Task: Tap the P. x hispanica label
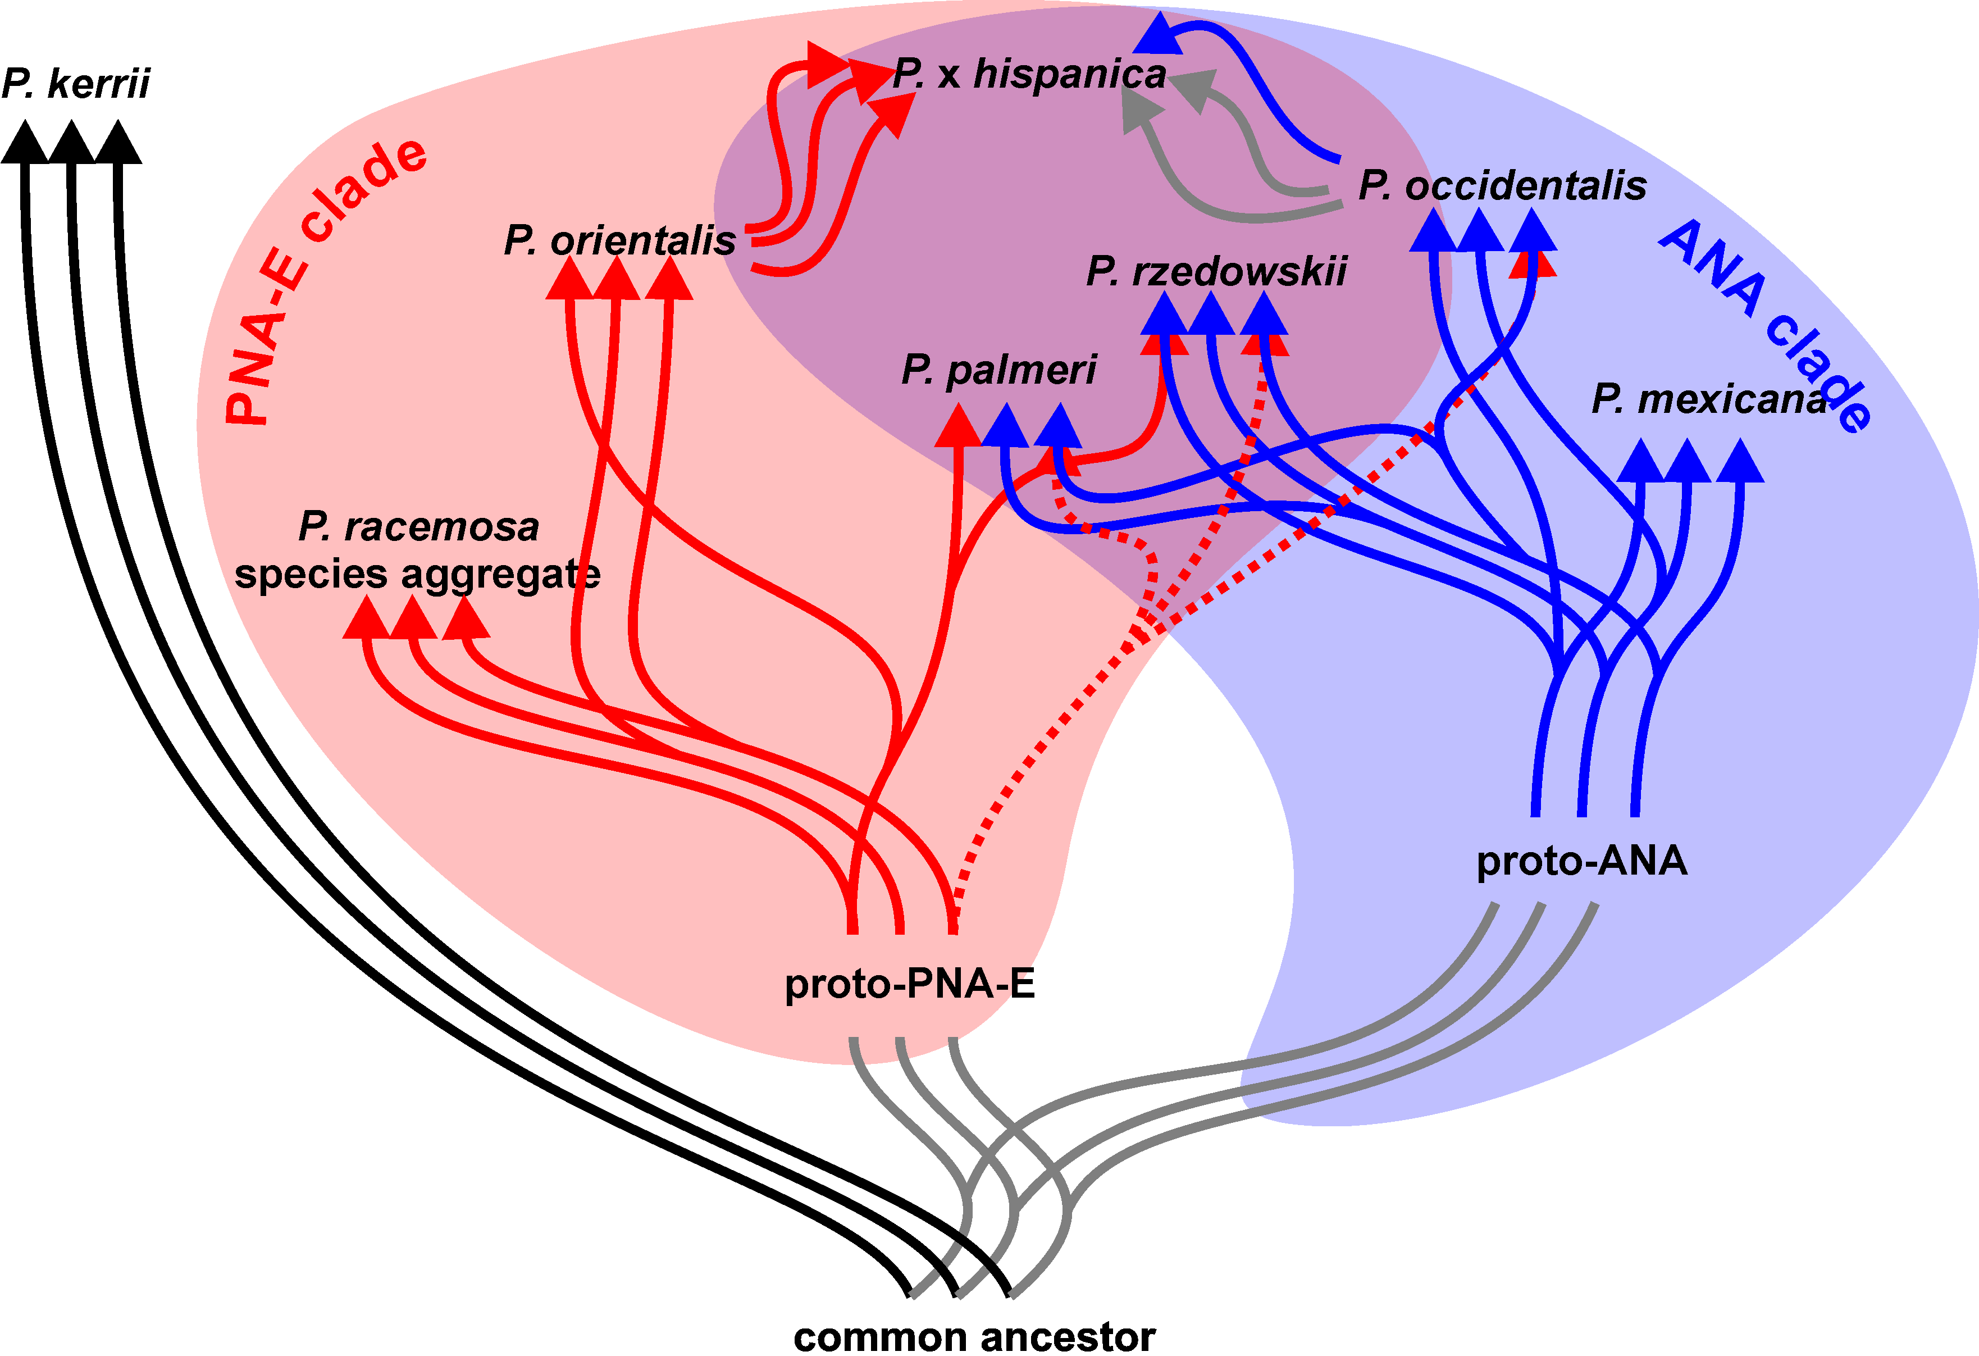click(x=1029, y=74)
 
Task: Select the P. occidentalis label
click(x=1502, y=186)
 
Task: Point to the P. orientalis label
click(x=619, y=241)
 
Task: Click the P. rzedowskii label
click(x=1216, y=272)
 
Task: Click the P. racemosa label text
click(x=418, y=527)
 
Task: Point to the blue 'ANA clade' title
click(x=1767, y=324)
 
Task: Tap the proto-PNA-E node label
click(x=909, y=985)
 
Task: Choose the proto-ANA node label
click(x=1581, y=861)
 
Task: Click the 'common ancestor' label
click(x=974, y=1336)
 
